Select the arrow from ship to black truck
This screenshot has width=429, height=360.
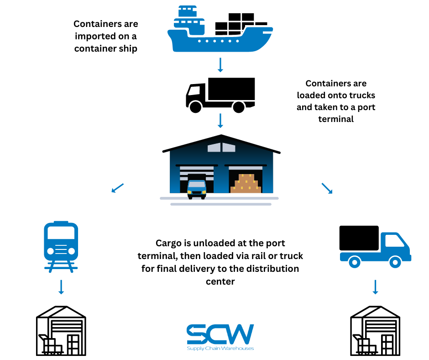(220, 65)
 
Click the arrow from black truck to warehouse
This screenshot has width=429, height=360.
(220, 121)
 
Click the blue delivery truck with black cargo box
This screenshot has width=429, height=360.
(374, 247)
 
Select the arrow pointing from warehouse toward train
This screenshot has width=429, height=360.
(117, 187)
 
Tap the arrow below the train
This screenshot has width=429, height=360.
(61, 287)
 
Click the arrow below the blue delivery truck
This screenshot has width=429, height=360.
(375, 287)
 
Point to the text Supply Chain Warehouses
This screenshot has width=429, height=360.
(220, 349)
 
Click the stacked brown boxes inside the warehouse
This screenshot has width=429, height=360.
(246, 184)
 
